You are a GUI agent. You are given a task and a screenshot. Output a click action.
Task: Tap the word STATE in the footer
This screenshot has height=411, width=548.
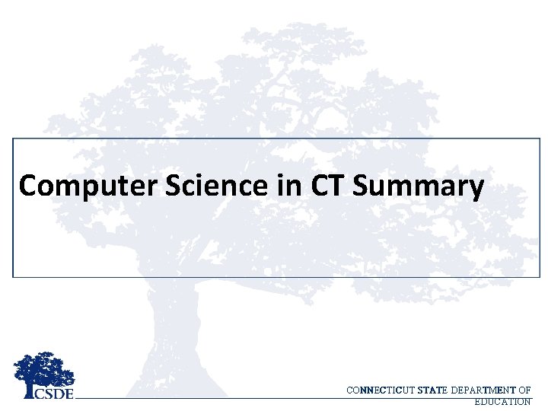point(432,390)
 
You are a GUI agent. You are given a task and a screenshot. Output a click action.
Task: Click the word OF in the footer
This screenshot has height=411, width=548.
point(524,390)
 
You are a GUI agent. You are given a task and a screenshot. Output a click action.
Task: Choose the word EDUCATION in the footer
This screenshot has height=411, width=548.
point(502,401)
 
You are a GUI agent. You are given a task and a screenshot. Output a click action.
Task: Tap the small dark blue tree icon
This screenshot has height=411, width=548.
point(44,371)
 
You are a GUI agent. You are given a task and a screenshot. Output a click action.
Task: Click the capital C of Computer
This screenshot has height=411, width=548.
point(28,186)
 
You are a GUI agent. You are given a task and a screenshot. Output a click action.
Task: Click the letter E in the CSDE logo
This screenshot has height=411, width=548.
point(69,393)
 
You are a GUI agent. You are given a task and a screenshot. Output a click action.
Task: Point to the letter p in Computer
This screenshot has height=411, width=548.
point(78,189)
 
